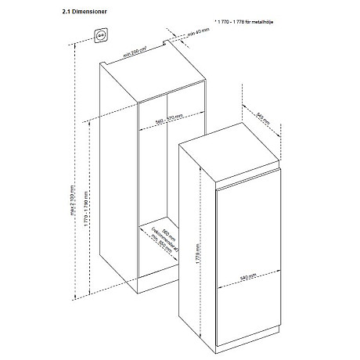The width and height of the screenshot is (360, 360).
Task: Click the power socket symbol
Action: coord(102,35)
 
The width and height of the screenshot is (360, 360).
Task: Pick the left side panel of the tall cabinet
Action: coord(117,180)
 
